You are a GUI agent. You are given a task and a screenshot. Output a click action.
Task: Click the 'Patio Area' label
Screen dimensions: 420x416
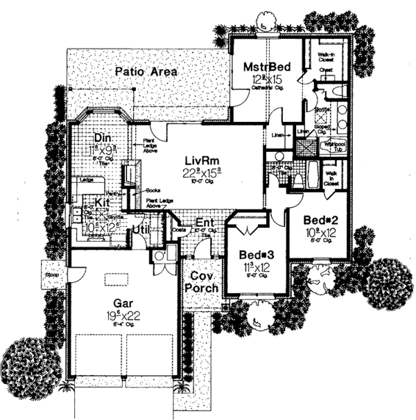tap(146, 71)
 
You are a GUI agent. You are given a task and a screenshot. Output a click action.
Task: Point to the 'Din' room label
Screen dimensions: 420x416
tap(92, 137)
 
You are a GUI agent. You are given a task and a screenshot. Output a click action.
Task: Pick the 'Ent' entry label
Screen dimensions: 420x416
tap(204, 222)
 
